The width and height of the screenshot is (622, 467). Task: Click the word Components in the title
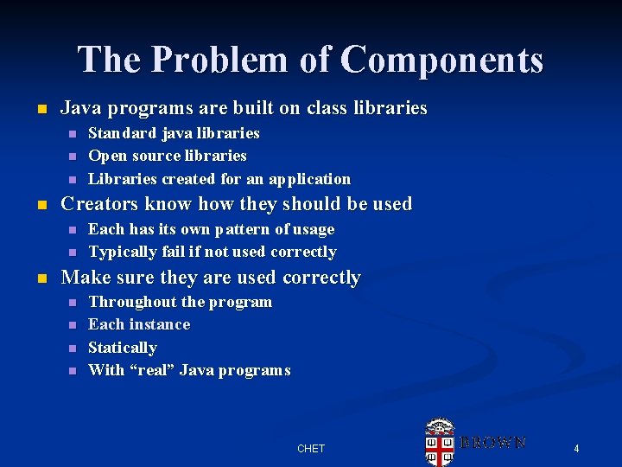441,60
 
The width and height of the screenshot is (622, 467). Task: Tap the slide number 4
576,448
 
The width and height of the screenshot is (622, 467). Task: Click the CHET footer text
311,448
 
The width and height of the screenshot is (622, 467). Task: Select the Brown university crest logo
441,442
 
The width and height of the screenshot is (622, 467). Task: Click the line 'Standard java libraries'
174,133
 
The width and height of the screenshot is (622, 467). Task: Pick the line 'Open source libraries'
168,156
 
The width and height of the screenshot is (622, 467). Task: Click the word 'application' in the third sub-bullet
309,179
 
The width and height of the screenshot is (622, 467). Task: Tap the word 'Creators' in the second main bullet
97,204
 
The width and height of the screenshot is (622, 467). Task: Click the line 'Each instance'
139,324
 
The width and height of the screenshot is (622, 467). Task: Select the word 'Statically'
123,348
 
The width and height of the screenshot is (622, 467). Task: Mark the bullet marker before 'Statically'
73,348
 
